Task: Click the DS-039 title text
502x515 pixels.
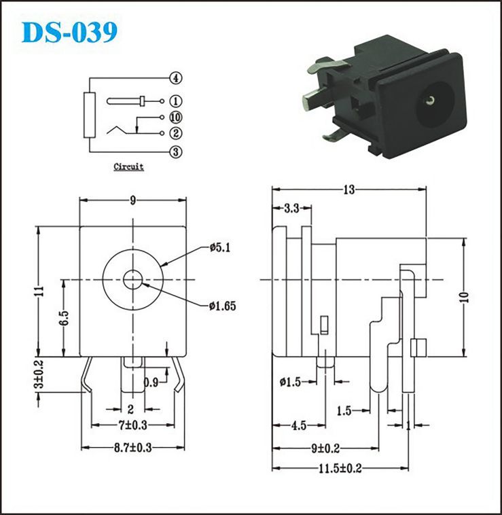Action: click(x=69, y=32)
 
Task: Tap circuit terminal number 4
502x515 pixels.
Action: click(x=176, y=78)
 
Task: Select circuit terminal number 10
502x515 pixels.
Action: click(x=176, y=118)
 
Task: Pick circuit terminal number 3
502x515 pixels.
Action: click(x=176, y=152)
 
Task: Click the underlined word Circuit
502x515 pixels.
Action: click(x=128, y=166)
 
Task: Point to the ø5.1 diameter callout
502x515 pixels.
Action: click(x=220, y=247)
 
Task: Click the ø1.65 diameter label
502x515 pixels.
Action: click(x=222, y=306)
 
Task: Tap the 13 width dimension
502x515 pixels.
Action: click(x=349, y=190)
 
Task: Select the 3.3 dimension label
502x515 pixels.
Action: click(x=291, y=208)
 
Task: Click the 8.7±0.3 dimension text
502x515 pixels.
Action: click(x=133, y=448)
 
